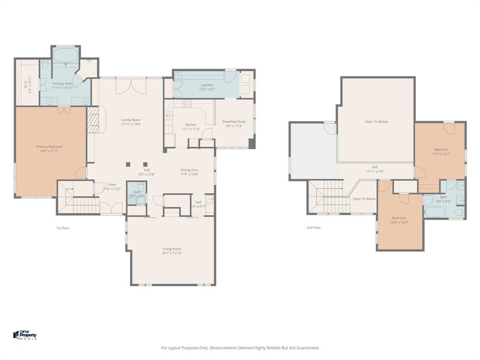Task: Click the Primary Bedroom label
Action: [x=49, y=147]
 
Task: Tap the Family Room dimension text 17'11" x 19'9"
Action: [x=131, y=125]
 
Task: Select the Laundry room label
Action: [x=207, y=85]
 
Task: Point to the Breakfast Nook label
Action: [x=234, y=121]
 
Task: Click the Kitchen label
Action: [x=191, y=125]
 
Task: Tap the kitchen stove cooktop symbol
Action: [x=187, y=103]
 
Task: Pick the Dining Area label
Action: [x=189, y=170]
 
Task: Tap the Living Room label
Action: [x=172, y=249]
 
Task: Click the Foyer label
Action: [x=112, y=185]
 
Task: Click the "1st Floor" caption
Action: [x=62, y=228]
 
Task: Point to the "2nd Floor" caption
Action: [x=314, y=228]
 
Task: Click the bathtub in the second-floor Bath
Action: [x=435, y=212]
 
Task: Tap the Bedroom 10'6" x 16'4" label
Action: [x=399, y=218]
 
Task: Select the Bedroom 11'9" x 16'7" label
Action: [x=441, y=150]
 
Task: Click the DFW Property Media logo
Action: [x=25, y=335]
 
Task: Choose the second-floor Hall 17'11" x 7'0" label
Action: [x=375, y=167]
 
